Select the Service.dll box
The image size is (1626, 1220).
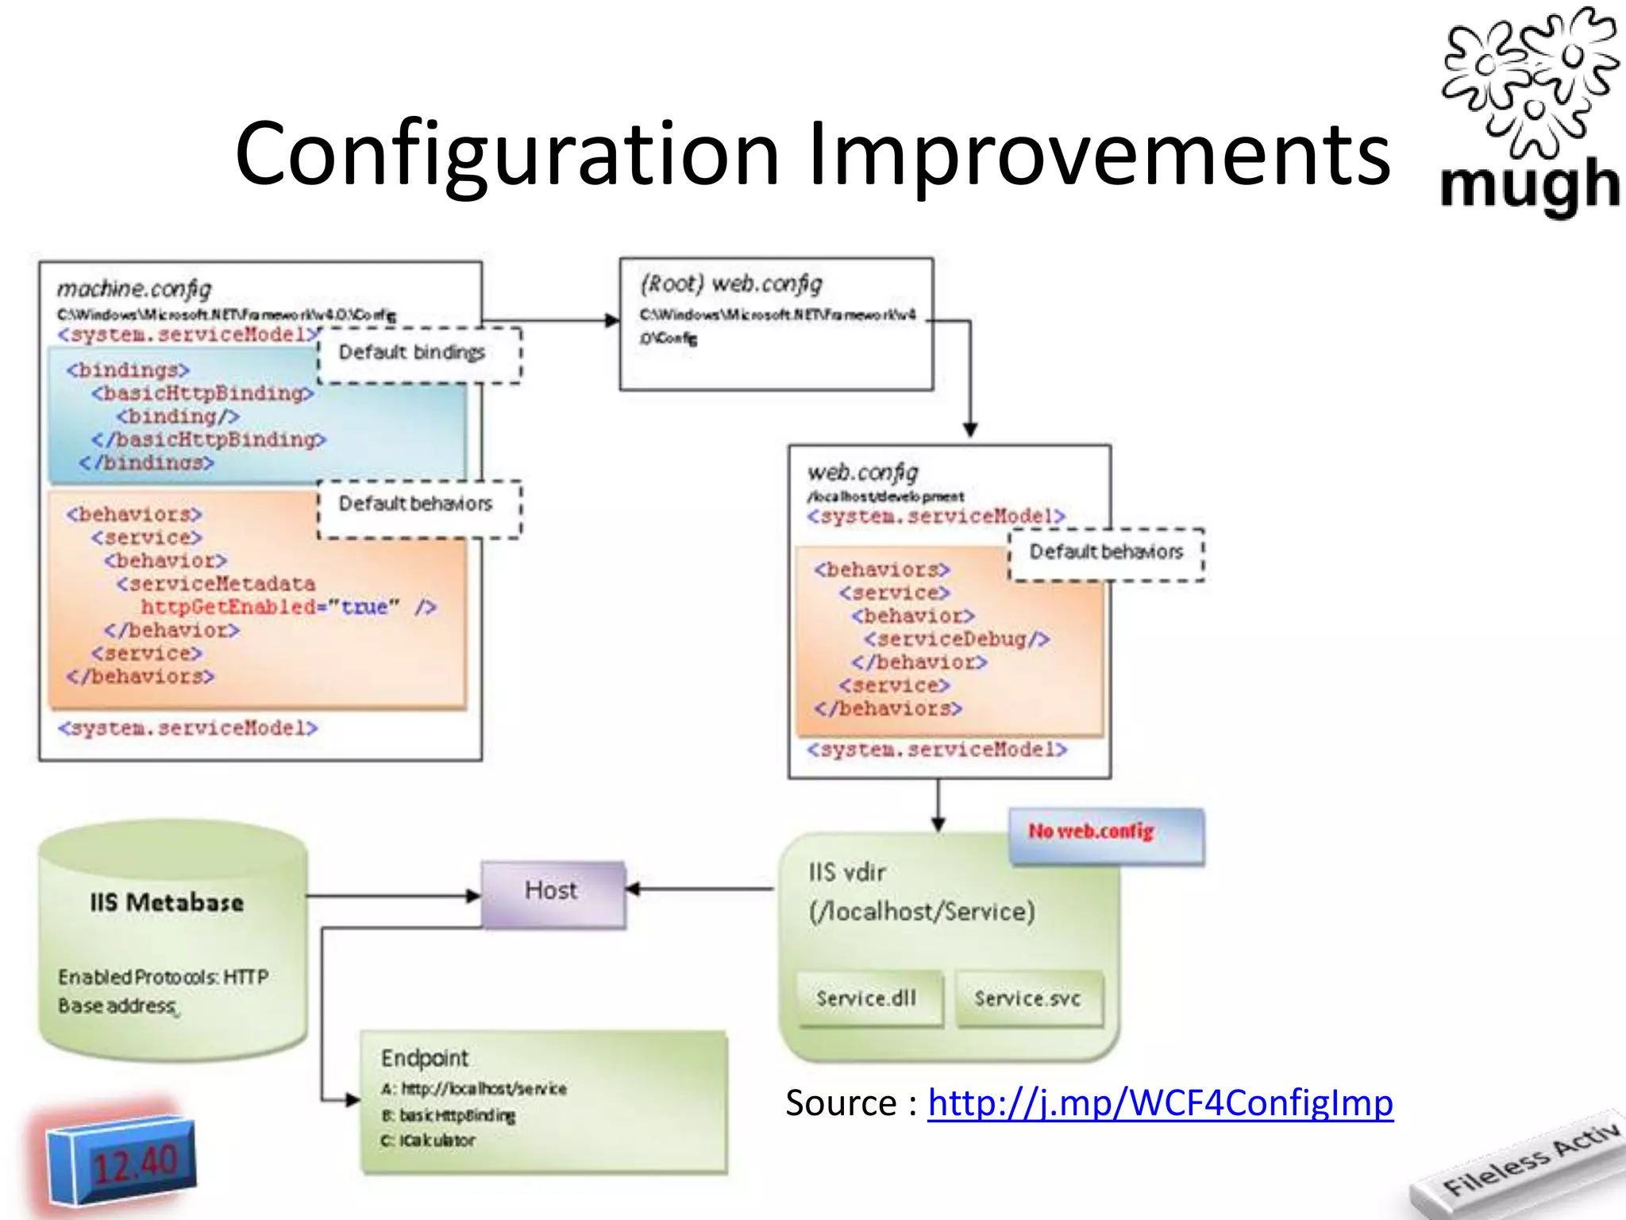(867, 998)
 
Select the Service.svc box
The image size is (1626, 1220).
(1027, 998)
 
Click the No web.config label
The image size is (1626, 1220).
(1092, 832)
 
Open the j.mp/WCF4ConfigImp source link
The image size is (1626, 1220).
(1160, 1103)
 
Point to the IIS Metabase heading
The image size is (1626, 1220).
(167, 902)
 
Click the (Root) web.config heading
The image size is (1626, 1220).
(731, 284)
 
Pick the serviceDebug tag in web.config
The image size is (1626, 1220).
(957, 639)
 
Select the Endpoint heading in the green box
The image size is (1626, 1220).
(425, 1058)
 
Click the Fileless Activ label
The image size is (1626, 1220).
(1528, 1160)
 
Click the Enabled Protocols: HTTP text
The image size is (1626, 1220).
(164, 977)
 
